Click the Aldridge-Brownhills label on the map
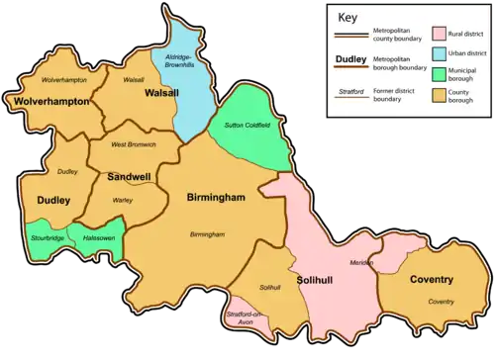181,66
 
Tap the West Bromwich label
133,145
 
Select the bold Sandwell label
130,177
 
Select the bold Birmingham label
216,197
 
